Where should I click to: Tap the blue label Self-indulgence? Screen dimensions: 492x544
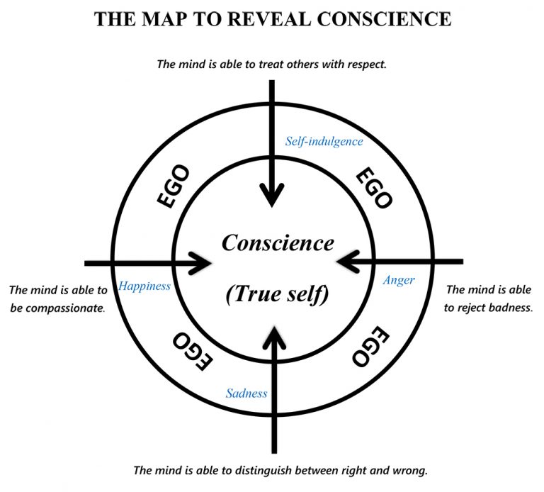pos(324,141)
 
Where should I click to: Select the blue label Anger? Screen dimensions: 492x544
pos(399,280)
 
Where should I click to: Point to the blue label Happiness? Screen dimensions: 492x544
pos(144,286)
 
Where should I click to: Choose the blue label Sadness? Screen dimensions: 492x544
pos(246,393)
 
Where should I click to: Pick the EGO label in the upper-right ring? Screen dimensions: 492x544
pos(373,189)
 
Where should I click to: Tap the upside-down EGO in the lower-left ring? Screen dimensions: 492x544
pos(191,350)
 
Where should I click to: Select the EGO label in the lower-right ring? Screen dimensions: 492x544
pos(368,346)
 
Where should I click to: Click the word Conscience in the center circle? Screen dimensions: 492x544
pos(278,243)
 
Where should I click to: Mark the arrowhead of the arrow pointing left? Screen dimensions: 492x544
pos(345,262)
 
